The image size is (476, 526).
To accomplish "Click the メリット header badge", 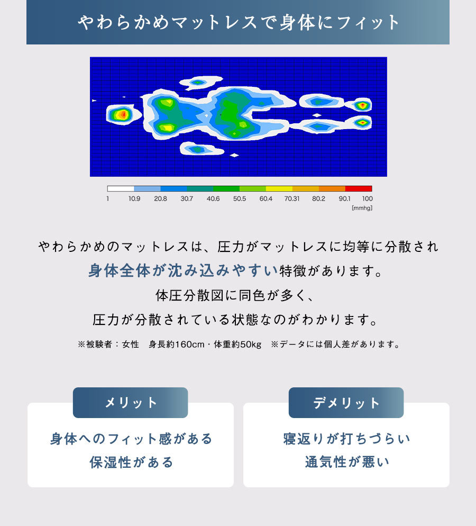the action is click(x=131, y=403).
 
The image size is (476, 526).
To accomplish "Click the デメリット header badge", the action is click(x=346, y=403).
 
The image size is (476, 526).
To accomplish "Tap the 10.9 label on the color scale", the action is click(x=134, y=198).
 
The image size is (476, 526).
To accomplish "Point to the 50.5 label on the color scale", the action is click(x=240, y=198).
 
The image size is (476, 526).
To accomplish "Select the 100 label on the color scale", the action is click(x=368, y=198).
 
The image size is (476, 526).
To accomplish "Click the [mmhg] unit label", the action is click(x=362, y=208).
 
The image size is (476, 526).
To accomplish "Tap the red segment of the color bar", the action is click(x=359, y=188).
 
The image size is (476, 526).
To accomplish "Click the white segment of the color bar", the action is click(x=121, y=188).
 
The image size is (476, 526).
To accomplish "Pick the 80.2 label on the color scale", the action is click(x=318, y=198).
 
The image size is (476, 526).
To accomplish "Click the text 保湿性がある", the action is click(x=131, y=462).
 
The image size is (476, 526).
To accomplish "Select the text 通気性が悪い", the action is click(x=347, y=462).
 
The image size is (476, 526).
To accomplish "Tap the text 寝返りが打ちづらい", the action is click(x=346, y=439).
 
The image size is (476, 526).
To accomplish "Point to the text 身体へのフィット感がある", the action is click(x=131, y=439).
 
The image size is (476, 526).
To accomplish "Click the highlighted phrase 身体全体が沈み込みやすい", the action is click(x=184, y=270).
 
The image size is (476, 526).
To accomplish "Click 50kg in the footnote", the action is click(x=251, y=344).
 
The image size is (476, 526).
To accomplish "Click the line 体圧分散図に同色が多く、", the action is click(x=235, y=295).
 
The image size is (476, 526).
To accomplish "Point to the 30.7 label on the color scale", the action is click(x=187, y=198).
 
